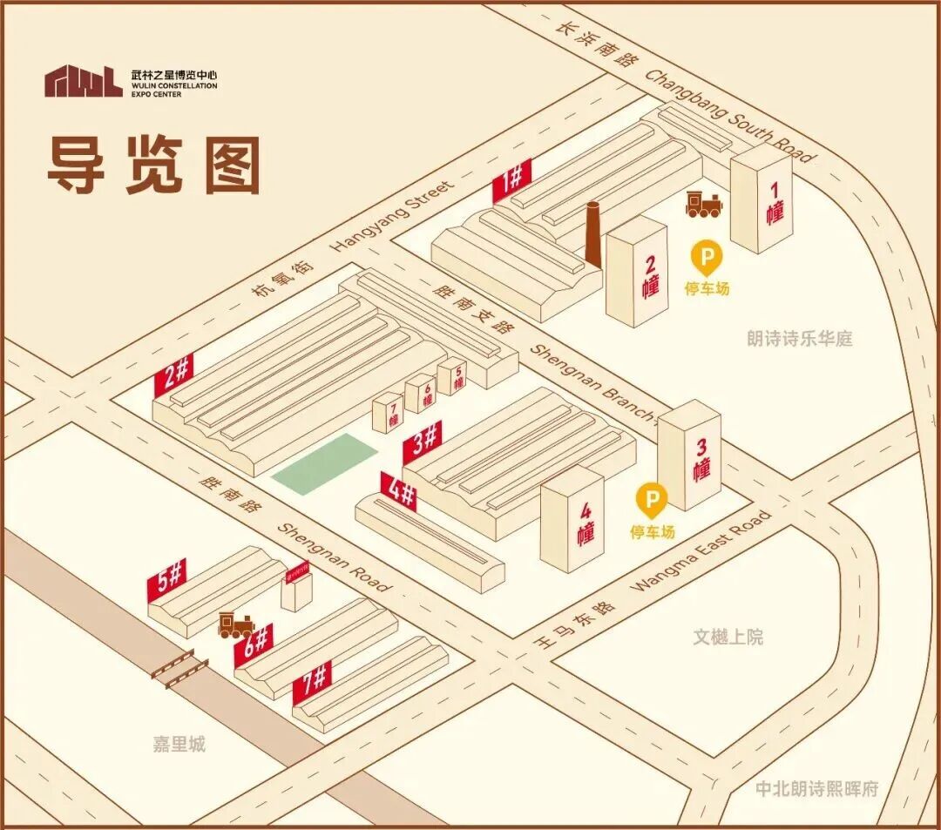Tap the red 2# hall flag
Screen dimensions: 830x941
click(x=173, y=375)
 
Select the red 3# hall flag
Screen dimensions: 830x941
click(x=423, y=442)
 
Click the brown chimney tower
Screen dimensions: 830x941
click(x=592, y=234)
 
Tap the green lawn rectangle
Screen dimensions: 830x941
click(x=324, y=463)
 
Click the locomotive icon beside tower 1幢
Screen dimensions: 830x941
click(x=703, y=204)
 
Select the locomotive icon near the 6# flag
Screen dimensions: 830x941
click(x=236, y=624)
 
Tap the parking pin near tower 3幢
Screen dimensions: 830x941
click(x=652, y=499)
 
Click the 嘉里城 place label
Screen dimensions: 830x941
click(x=179, y=745)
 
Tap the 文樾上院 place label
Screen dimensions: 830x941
click(x=728, y=638)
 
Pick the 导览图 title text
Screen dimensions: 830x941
click(x=153, y=165)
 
